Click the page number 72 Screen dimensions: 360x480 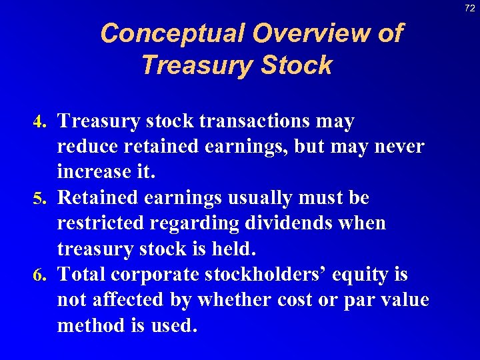[469, 7]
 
